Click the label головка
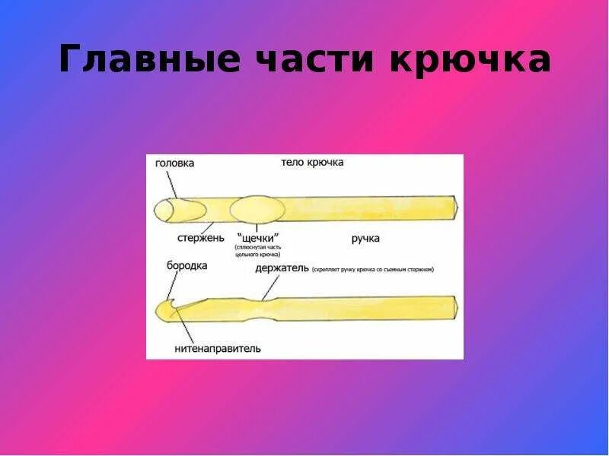tap(174, 163)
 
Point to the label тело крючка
tap(312, 163)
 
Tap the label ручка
tap(365, 239)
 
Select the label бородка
tap(187, 265)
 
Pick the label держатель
tap(282, 268)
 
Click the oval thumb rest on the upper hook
tap(257, 209)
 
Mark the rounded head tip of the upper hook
tap(165, 210)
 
